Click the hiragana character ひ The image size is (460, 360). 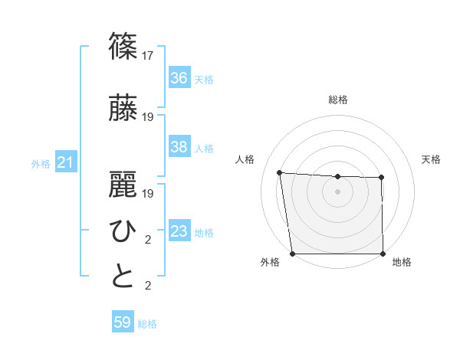pyautogui.click(x=123, y=231)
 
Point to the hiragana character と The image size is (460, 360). pyautogui.click(x=123, y=276)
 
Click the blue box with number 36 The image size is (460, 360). pyautogui.click(x=179, y=78)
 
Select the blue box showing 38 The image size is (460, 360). pyautogui.click(x=179, y=147)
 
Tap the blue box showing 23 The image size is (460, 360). pyautogui.click(x=179, y=231)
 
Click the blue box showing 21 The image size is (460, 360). pyautogui.click(x=66, y=163)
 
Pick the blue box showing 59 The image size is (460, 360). pyautogui.click(x=123, y=322)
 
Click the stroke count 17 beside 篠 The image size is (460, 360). pyautogui.click(x=149, y=55)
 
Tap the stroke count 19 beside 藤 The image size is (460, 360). pyautogui.click(x=149, y=116)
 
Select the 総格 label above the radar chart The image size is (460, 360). pyautogui.click(x=337, y=100)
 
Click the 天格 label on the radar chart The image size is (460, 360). pyautogui.click(x=432, y=159)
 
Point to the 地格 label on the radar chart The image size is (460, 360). pyautogui.click(x=402, y=263)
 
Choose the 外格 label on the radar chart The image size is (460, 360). pyautogui.click(x=270, y=263)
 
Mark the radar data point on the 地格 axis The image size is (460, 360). pyautogui.click(x=383, y=254)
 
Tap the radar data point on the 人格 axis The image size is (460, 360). pyautogui.click(x=280, y=172)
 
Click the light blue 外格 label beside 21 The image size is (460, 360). pyautogui.click(x=41, y=164)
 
